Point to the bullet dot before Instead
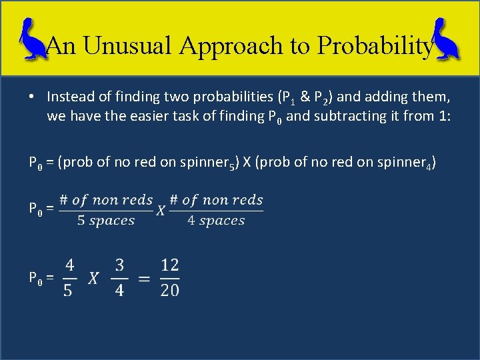click(32, 97)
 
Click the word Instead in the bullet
click(69, 97)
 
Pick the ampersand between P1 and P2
click(305, 97)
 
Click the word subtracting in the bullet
click(347, 116)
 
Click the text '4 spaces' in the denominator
click(216, 221)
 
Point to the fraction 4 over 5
click(69, 278)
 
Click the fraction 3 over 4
click(119, 278)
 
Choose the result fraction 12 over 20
click(169, 278)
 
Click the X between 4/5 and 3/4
click(93, 279)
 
